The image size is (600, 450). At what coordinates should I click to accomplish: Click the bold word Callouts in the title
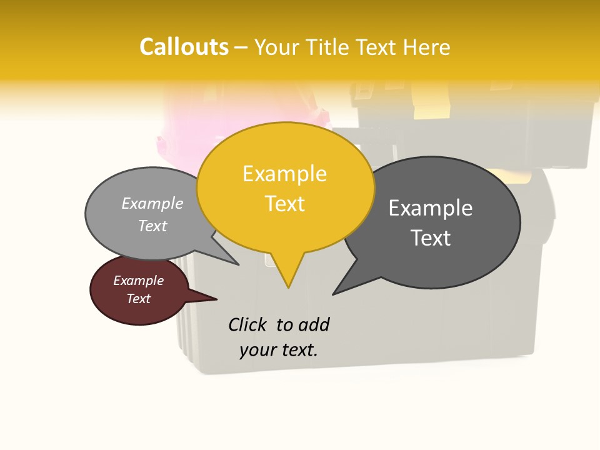pos(184,47)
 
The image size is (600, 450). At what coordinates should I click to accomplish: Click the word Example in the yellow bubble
pos(284,174)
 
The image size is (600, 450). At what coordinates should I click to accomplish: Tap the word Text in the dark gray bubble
pos(431,238)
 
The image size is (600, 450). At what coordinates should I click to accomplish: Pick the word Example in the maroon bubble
pos(138,281)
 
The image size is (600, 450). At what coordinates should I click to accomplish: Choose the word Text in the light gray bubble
pos(152,226)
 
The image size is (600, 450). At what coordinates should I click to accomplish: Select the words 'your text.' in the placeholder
pos(279,350)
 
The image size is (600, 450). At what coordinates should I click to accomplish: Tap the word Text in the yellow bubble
pos(285,204)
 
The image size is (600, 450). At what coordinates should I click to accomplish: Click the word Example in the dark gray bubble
pos(431,208)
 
